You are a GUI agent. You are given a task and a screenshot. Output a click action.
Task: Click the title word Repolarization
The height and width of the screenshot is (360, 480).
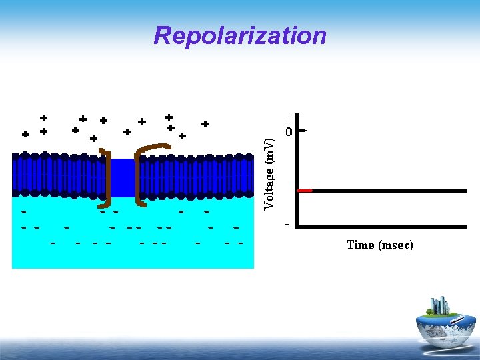[x=240, y=35]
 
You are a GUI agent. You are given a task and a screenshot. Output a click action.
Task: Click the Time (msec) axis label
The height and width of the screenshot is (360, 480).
[x=380, y=245]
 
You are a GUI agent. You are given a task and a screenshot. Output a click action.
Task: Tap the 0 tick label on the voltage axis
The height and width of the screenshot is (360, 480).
[x=289, y=132]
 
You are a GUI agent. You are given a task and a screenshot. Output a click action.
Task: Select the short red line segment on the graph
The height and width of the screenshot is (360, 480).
[x=305, y=191]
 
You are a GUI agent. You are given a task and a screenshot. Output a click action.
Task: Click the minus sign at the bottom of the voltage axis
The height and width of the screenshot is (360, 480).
[x=287, y=224]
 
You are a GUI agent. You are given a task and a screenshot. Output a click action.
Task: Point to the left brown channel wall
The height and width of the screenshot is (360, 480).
[x=107, y=177]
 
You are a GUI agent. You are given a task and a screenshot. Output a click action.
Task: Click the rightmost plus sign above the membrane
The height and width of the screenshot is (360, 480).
[x=205, y=123]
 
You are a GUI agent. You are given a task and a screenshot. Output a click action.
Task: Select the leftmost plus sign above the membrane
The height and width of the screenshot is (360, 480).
[x=25, y=134]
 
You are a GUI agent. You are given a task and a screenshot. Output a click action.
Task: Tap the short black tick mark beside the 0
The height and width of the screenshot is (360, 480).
[x=303, y=131]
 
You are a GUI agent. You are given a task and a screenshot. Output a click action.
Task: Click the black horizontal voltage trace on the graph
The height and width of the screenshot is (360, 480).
[x=387, y=191]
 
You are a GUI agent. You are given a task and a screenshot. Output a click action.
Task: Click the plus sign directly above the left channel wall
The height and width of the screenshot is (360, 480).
[x=94, y=139]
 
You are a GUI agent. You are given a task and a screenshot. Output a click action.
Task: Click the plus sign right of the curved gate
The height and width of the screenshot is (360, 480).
[x=182, y=135]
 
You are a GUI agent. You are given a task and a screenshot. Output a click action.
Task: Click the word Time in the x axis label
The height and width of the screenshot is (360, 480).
[x=361, y=245]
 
